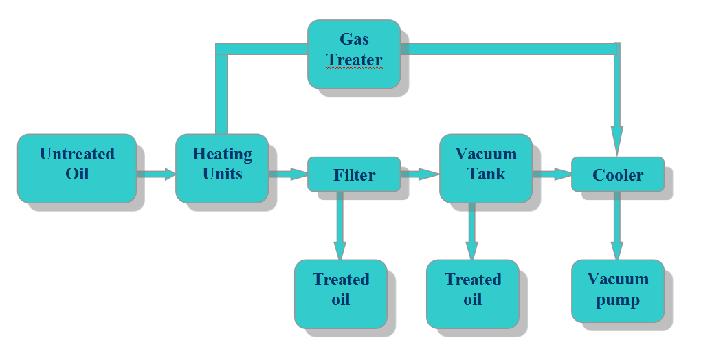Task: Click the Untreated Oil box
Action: point(76,168)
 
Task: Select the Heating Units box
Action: point(221,168)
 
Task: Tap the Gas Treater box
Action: point(353,53)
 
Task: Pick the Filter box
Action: point(353,175)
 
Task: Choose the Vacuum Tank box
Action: point(485,167)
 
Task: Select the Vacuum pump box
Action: point(617,290)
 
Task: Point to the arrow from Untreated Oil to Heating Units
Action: point(156,175)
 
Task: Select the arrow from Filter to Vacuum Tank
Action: point(419,175)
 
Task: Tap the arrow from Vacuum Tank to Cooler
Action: point(552,175)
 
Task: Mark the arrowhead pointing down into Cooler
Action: point(617,141)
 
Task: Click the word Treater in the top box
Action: point(355,60)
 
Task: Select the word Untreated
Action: point(77,154)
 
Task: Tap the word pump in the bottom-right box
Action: point(618,300)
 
